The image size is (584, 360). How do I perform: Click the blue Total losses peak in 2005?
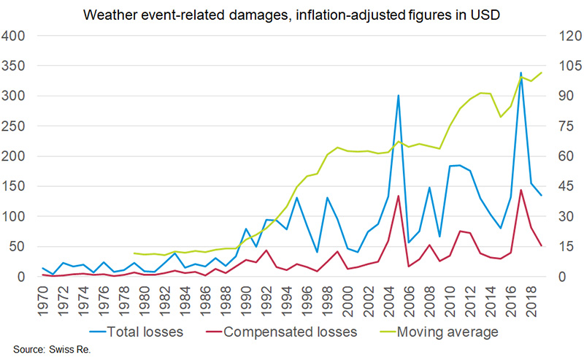click(398, 96)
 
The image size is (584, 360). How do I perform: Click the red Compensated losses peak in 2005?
click(398, 196)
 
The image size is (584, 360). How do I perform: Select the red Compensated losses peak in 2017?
click(520, 190)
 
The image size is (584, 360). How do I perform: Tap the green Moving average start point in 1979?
click(134, 253)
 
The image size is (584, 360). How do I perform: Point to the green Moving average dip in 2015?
click(500, 117)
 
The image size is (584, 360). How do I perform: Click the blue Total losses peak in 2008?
click(429, 188)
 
